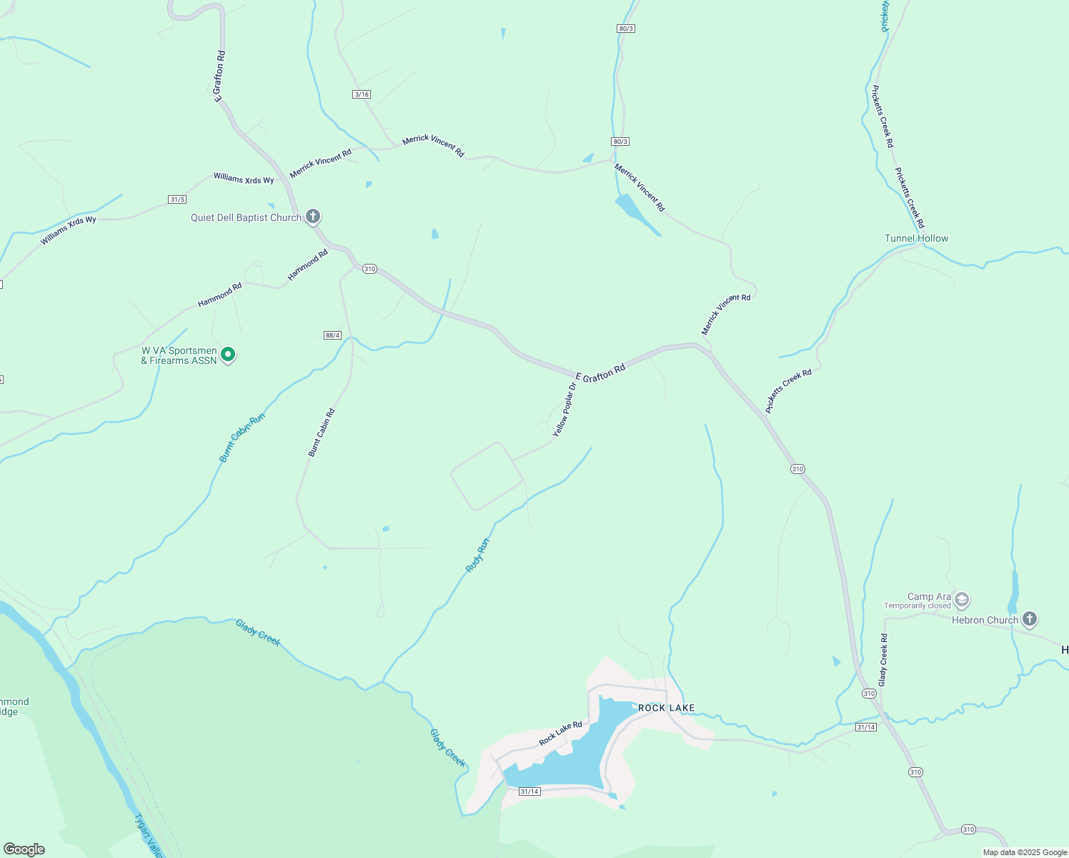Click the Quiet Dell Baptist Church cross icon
coord(313,216)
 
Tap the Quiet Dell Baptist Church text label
coord(246,217)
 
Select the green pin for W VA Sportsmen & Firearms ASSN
coord(228,354)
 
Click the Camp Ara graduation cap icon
coord(962,599)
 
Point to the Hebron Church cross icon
coord(1029,619)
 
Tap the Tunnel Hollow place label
coord(916,238)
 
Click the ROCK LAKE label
coord(666,708)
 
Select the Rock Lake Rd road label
coord(560,734)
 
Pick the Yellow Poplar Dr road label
coord(564,410)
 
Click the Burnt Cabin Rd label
coord(322,432)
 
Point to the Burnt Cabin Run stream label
coord(242,437)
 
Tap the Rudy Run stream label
coord(477,555)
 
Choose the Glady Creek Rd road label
coord(883,660)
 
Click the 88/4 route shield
coord(332,335)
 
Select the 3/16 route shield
coord(362,94)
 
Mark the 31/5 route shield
coord(177,199)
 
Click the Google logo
coord(24,849)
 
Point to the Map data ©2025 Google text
coord(1025,852)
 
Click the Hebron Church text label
coord(984,620)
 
